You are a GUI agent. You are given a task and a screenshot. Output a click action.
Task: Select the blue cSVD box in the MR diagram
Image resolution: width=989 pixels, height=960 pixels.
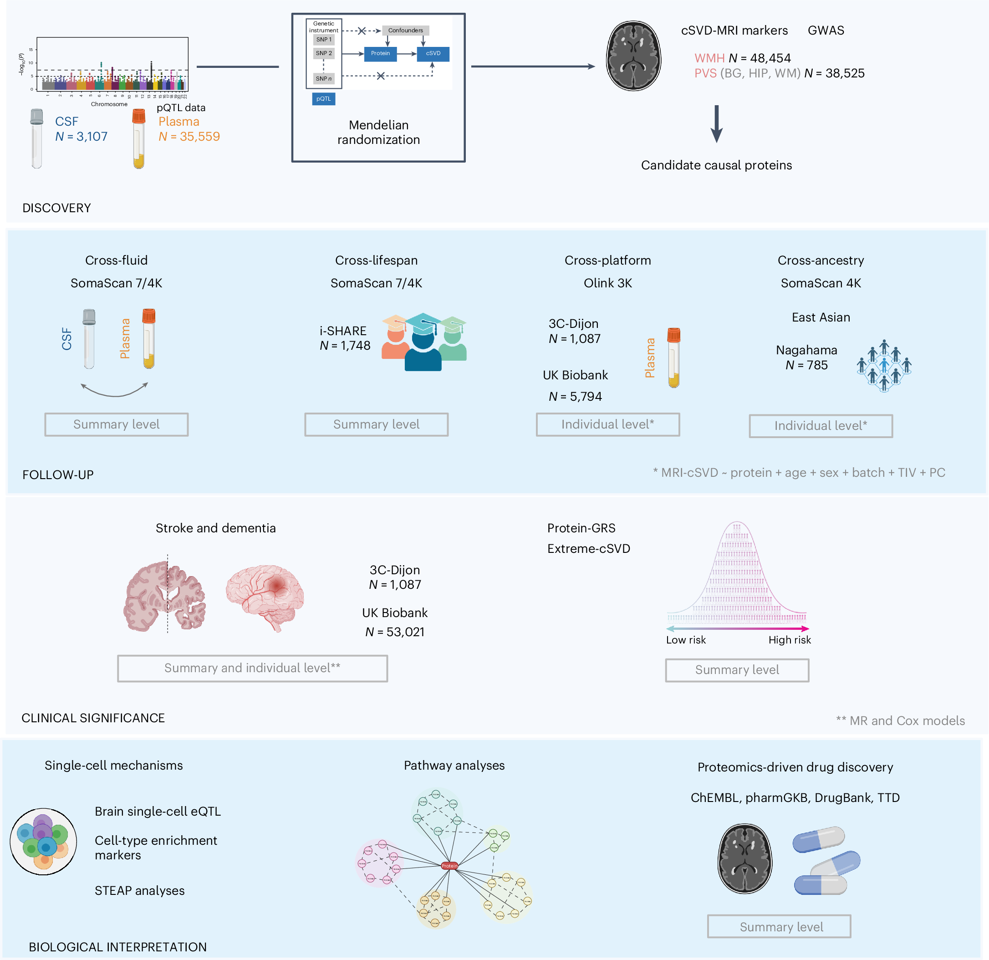point(433,53)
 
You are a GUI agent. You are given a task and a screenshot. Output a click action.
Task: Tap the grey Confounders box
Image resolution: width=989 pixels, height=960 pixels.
point(405,30)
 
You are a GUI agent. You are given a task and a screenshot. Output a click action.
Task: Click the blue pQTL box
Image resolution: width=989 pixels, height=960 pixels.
point(323,99)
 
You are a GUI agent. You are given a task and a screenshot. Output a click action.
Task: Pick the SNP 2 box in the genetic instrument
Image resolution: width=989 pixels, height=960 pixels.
point(323,53)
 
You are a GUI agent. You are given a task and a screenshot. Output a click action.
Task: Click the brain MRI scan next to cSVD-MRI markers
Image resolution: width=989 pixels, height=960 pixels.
point(633,56)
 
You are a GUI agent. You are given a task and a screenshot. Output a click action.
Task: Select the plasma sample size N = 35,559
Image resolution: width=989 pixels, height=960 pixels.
point(189,137)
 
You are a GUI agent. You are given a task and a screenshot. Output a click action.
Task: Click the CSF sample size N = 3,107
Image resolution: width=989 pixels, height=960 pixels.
point(81,137)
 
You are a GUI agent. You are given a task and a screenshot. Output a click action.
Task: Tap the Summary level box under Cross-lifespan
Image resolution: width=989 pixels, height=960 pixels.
point(376,424)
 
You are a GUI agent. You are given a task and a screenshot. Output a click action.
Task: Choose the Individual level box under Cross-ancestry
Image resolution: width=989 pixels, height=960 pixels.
point(821,426)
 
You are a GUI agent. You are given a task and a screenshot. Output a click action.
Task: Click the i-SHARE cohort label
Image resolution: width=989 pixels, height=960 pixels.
point(343,331)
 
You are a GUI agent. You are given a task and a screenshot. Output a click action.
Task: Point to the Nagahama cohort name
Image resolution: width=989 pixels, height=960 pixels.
point(806,350)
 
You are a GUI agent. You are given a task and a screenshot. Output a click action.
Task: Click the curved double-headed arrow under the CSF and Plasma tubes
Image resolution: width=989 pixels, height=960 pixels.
point(115,390)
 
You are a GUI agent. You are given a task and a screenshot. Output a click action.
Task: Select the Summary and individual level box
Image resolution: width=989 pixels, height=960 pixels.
point(252,668)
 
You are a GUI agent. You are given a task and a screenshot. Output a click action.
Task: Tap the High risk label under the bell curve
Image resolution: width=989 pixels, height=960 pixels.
point(790,640)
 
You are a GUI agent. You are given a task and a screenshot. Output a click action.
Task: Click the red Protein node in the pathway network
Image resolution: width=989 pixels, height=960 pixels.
point(449,866)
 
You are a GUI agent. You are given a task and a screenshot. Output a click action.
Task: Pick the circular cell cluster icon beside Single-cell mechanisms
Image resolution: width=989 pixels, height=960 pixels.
point(43,842)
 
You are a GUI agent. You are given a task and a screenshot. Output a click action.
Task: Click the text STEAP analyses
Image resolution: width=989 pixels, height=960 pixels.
point(140,891)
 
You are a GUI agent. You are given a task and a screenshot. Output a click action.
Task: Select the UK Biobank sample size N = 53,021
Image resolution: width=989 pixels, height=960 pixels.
point(395,632)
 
